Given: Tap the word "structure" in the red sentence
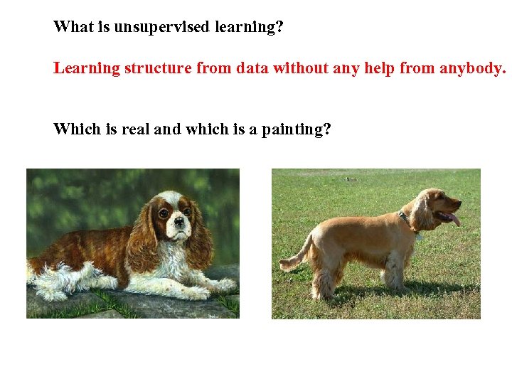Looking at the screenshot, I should pos(158,68).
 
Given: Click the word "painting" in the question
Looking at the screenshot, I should pos(296,129).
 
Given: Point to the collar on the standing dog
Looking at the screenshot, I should pos(406,221).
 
